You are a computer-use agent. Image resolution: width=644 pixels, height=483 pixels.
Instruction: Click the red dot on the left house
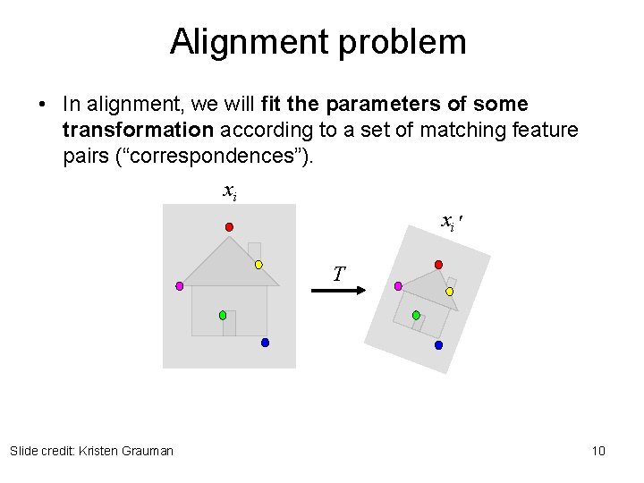point(229,227)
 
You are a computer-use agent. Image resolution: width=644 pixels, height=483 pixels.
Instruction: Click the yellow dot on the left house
point(258,265)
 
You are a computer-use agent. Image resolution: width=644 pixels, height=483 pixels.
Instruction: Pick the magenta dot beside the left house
point(179,286)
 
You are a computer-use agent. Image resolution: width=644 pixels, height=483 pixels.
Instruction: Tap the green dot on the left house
point(223,315)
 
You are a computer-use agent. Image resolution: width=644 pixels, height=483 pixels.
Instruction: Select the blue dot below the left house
point(265,343)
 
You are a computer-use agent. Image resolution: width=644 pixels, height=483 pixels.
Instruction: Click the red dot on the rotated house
point(438,265)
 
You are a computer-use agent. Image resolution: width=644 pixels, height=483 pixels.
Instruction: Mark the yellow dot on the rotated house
point(449,291)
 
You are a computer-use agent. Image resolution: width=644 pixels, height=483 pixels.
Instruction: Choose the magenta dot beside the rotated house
point(398,286)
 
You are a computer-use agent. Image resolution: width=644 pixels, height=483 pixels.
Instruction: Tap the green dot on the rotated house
point(416,315)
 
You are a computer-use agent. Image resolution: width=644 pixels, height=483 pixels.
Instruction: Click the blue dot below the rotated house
point(438,344)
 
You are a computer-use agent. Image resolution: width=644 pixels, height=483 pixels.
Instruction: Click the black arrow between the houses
point(340,290)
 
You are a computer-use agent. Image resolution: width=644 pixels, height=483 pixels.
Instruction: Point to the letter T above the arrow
point(338,274)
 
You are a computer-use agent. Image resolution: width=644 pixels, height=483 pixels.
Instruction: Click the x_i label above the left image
point(229,191)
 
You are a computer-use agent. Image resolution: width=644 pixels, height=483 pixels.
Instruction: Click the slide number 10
point(598,451)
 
